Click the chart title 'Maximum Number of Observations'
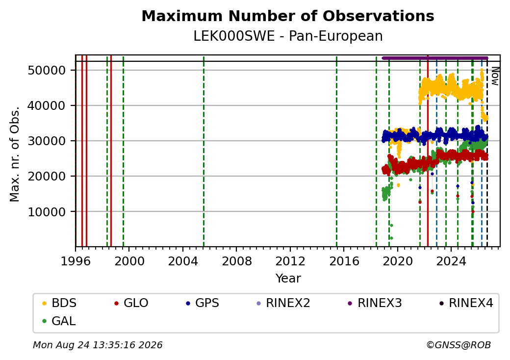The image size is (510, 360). point(288,16)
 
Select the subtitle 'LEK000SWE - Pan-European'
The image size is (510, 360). point(288,36)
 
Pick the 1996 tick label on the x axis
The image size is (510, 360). point(76,261)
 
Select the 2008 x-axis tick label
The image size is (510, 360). point(236,261)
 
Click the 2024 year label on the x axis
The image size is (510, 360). point(451,261)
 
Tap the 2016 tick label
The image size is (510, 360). point(344,261)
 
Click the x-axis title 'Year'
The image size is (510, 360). point(288,279)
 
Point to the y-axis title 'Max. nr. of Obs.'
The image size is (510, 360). point(15,154)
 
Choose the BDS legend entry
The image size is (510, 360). point(59,303)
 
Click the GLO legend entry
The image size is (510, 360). point(131,303)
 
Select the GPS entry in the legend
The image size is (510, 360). point(203,303)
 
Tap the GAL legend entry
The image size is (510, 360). point(59,321)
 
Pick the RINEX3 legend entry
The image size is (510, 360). point(375,303)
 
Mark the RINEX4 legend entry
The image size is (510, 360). point(466,303)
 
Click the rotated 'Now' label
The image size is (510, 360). point(495,76)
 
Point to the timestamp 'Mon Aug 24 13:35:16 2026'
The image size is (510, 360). point(98,345)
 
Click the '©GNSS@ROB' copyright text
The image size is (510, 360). point(459,345)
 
